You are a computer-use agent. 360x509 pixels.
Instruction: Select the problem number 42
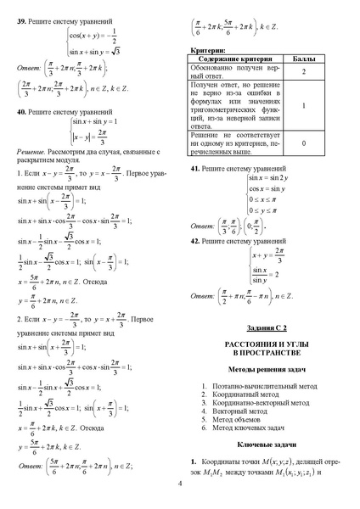pos(194,242)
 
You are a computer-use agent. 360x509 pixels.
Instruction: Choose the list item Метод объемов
pos(245,419)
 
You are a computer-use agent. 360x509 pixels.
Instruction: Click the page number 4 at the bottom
pos(180,484)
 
